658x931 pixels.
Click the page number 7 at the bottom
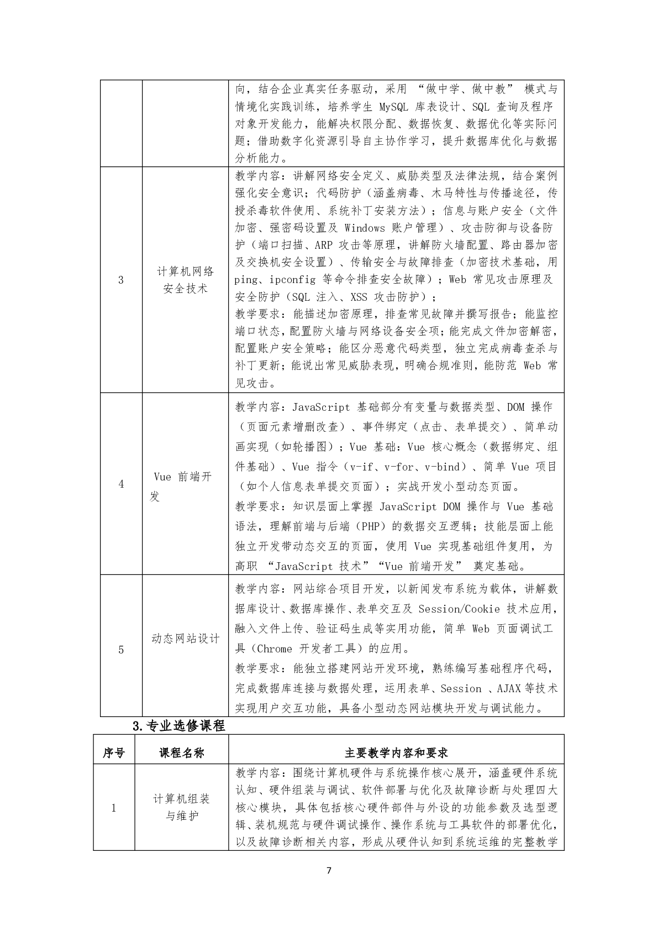(329, 871)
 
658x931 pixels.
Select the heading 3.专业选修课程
(179, 726)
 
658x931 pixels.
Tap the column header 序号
(114, 753)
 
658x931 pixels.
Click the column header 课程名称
(182, 753)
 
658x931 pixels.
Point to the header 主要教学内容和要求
(396, 753)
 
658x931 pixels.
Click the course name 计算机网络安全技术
(185, 280)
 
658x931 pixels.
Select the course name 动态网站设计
(185, 639)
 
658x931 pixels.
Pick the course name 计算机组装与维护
(182, 807)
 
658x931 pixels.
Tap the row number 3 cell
(121, 280)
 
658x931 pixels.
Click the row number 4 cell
(121, 484)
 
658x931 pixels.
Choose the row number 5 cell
(121, 649)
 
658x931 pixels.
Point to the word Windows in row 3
(365, 228)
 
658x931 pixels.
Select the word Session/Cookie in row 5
(459, 609)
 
